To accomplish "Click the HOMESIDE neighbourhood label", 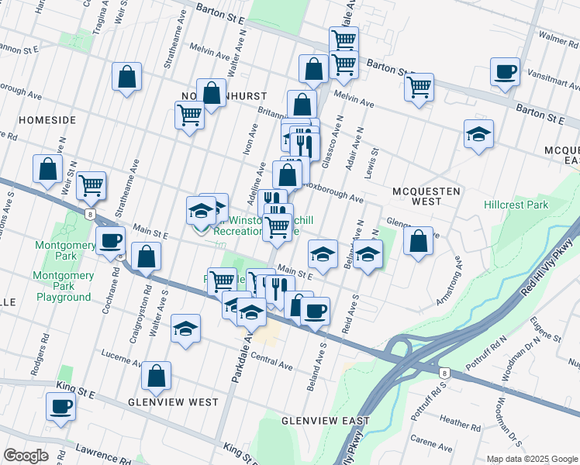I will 47,120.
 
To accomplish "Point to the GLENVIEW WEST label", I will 173,402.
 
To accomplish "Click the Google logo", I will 26,456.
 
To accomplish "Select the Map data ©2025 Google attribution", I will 533,459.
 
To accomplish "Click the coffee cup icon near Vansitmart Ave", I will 505,72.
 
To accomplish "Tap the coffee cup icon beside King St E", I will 60,405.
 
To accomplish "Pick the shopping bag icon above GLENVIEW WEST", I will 157,375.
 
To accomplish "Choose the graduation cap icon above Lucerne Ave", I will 185,328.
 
